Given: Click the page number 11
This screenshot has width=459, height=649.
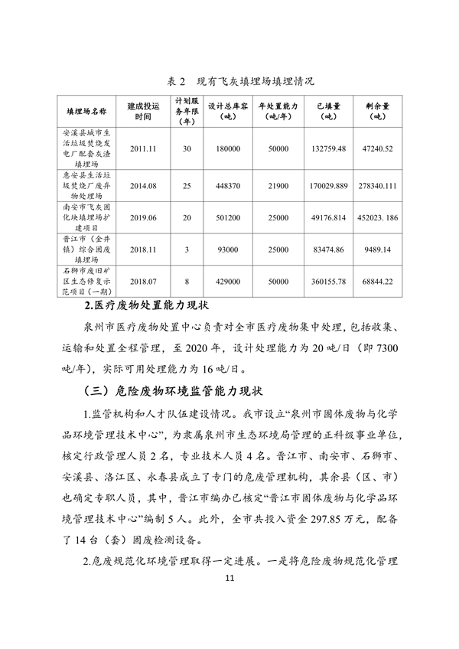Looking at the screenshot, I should pos(229,599).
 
